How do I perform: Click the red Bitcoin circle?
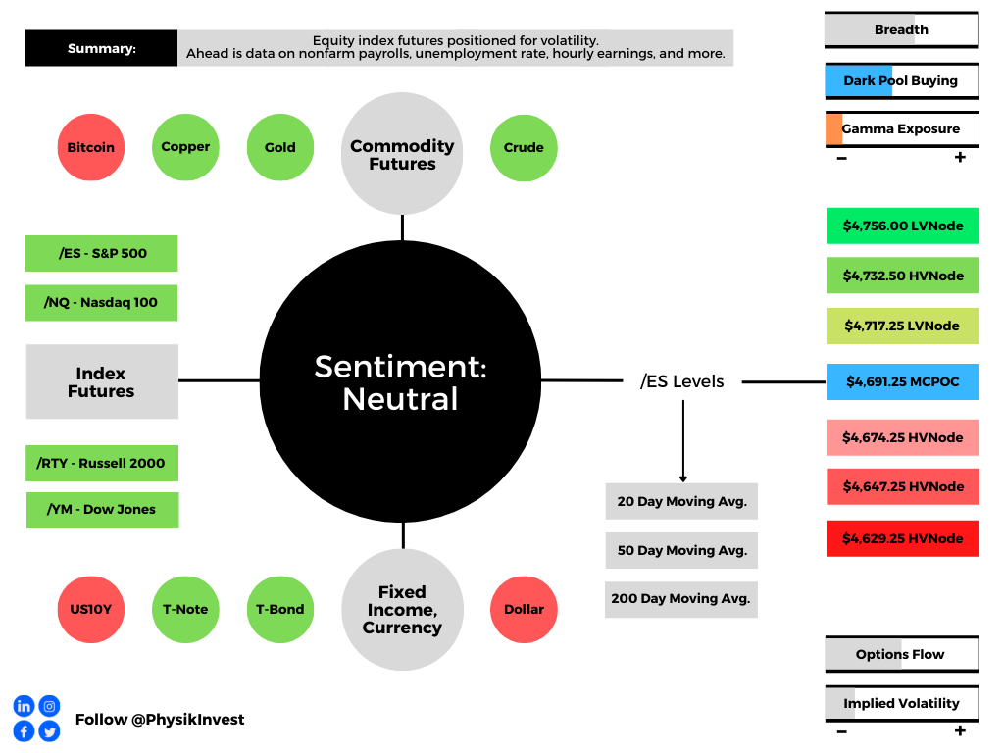click(x=91, y=147)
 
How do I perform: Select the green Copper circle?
click(x=185, y=147)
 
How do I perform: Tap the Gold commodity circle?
click(x=279, y=147)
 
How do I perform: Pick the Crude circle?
click(x=524, y=147)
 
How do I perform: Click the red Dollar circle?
click(x=524, y=609)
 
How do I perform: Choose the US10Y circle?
click(x=91, y=609)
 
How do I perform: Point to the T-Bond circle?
click(x=279, y=609)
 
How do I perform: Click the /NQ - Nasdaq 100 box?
click(x=101, y=302)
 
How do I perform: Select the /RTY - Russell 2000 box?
click(x=101, y=463)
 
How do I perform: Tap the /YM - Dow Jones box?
click(x=102, y=510)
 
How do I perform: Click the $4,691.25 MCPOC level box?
click(x=902, y=381)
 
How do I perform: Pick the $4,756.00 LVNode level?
click(x=902, y=226)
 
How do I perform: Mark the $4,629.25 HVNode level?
click(x=902, y=538)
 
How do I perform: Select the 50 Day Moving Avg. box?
click(x=681, y=550)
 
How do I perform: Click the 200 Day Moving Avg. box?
click(x=681, y=598)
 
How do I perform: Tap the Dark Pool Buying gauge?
click(x=901, y=80)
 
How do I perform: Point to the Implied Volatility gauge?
click(x=901, y=703)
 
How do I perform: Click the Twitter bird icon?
click(x=49, y=731)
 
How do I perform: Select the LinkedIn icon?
click(x=24, y=706)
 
